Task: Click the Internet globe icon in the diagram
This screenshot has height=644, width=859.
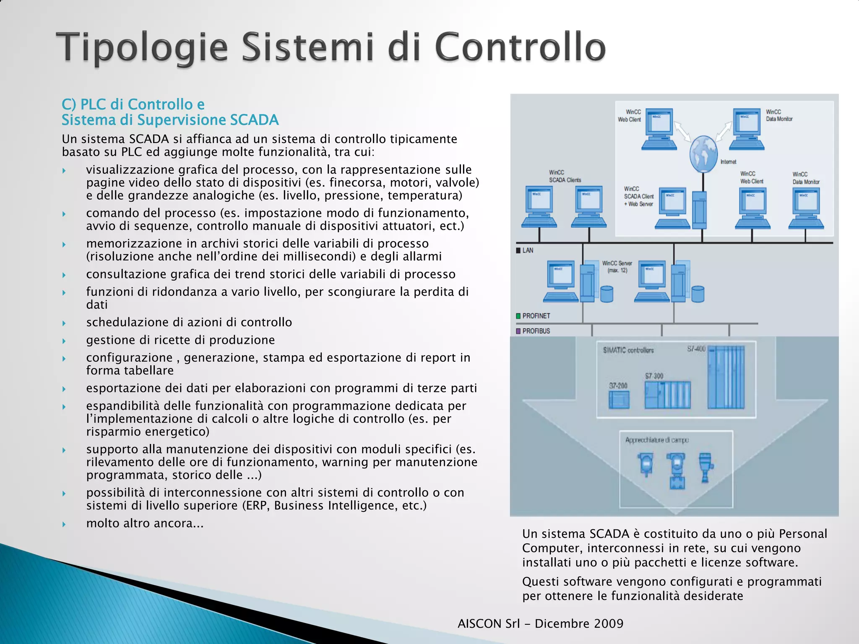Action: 703,154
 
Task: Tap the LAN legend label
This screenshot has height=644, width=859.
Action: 528,250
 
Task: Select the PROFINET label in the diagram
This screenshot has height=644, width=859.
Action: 536,316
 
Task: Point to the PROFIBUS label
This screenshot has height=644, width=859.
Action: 536,331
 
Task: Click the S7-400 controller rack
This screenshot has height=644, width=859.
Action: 726,377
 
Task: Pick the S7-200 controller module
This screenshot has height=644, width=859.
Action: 619,400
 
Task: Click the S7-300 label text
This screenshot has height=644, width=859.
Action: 654,376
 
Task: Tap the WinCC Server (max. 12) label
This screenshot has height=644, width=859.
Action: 617,267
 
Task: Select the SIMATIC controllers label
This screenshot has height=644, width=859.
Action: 628,350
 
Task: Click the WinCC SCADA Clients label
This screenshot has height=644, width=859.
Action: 565,176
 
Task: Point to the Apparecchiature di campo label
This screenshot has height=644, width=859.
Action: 657,440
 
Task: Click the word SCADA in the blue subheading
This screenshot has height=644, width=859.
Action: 254,120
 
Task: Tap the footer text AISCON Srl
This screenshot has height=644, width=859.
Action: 489,623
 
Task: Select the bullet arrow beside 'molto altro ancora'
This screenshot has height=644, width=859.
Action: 64,524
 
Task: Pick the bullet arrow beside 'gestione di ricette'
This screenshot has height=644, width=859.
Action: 64,341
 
